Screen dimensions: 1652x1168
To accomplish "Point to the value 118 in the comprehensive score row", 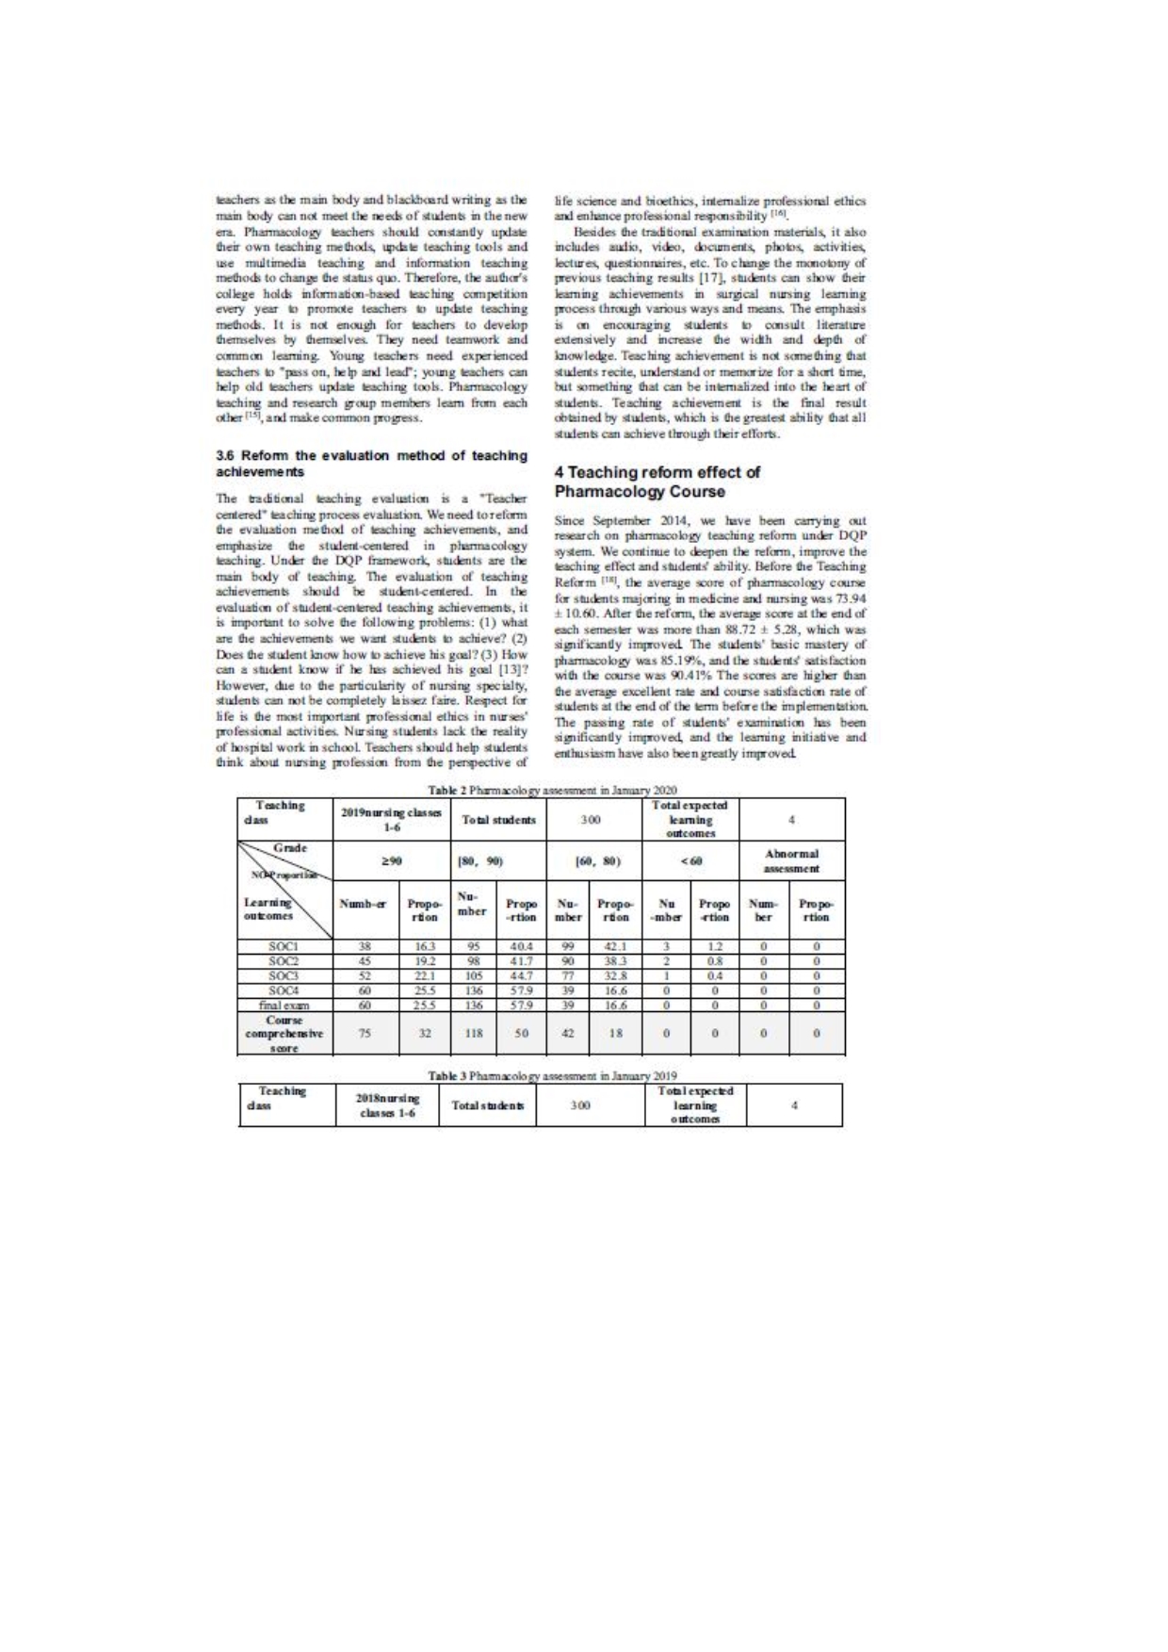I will pos(474,1033).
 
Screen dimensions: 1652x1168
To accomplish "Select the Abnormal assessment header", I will pos(792,860).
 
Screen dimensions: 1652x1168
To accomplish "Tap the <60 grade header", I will pos(691,860).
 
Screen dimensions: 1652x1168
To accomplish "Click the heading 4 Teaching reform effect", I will pos(657,482).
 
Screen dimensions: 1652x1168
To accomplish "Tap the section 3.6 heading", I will pos(371,463).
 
